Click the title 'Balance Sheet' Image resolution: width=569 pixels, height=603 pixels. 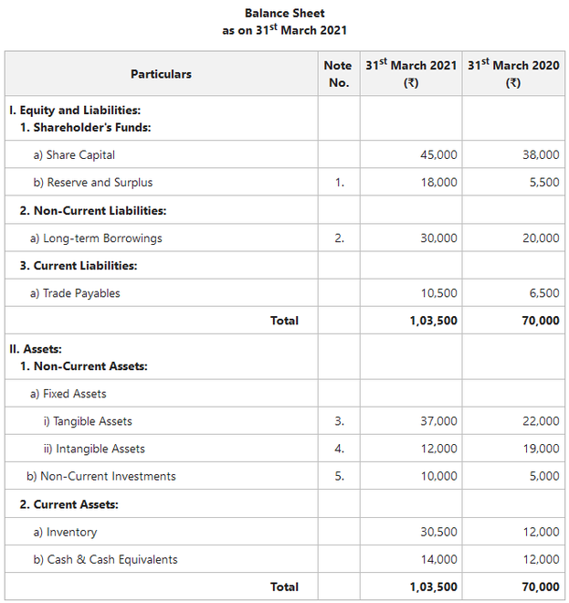pyautogui.click(x=284, y=13)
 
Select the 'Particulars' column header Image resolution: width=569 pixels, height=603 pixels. pyautogui.click(x=161, y=74)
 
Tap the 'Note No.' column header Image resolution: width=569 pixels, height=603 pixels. pyautogui.click(x=337, y=74)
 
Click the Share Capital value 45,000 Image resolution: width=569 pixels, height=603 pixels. pyautogui.click(x=438, y=155)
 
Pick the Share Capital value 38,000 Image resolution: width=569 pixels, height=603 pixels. pyautogui.click(x=541, y=155)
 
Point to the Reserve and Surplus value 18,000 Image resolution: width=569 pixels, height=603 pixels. pyautogui.click(x=438, y=183)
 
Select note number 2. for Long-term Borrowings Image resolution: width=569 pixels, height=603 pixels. pyautogui.click(x=339, y=238)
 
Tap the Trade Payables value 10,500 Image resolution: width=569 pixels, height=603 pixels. pyautogui.click(x=438, y=293)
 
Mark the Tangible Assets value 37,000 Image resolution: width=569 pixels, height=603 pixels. pyautogui.click(x=438, y=421)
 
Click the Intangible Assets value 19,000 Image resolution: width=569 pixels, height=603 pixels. pyautogui.click(x=541, y=449)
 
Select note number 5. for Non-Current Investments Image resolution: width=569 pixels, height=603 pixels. pyautogui.click(x=339, y=476)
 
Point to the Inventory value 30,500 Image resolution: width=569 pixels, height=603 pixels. pyautogui.click(x=438, y=532)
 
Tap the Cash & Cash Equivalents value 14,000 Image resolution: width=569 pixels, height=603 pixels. pyautogui.click(x=438, y=559)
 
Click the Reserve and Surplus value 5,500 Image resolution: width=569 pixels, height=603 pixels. pyautogui.click(x=543, y=183)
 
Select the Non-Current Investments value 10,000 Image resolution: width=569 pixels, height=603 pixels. pyautogui.click(x=438, y=476)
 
